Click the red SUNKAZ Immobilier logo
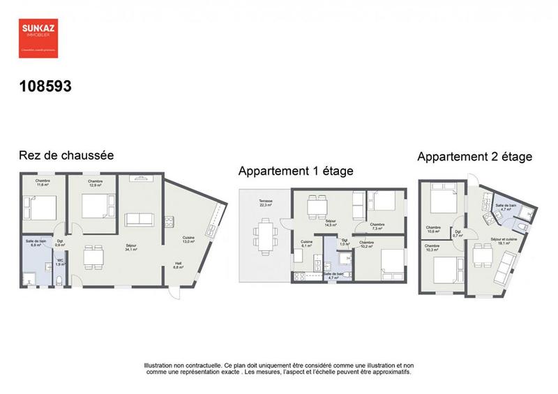pos(38,37)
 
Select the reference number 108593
pos(45,86)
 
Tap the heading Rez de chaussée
pos(66,156)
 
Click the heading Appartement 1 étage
pos(296,171)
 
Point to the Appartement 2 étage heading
pos(474,157)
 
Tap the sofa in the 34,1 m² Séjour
pos(139,220)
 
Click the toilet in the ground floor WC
pos(60,280)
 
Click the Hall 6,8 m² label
pos(179,265)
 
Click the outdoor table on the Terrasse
pos(264,234)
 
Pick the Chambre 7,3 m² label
pos(378,226)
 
